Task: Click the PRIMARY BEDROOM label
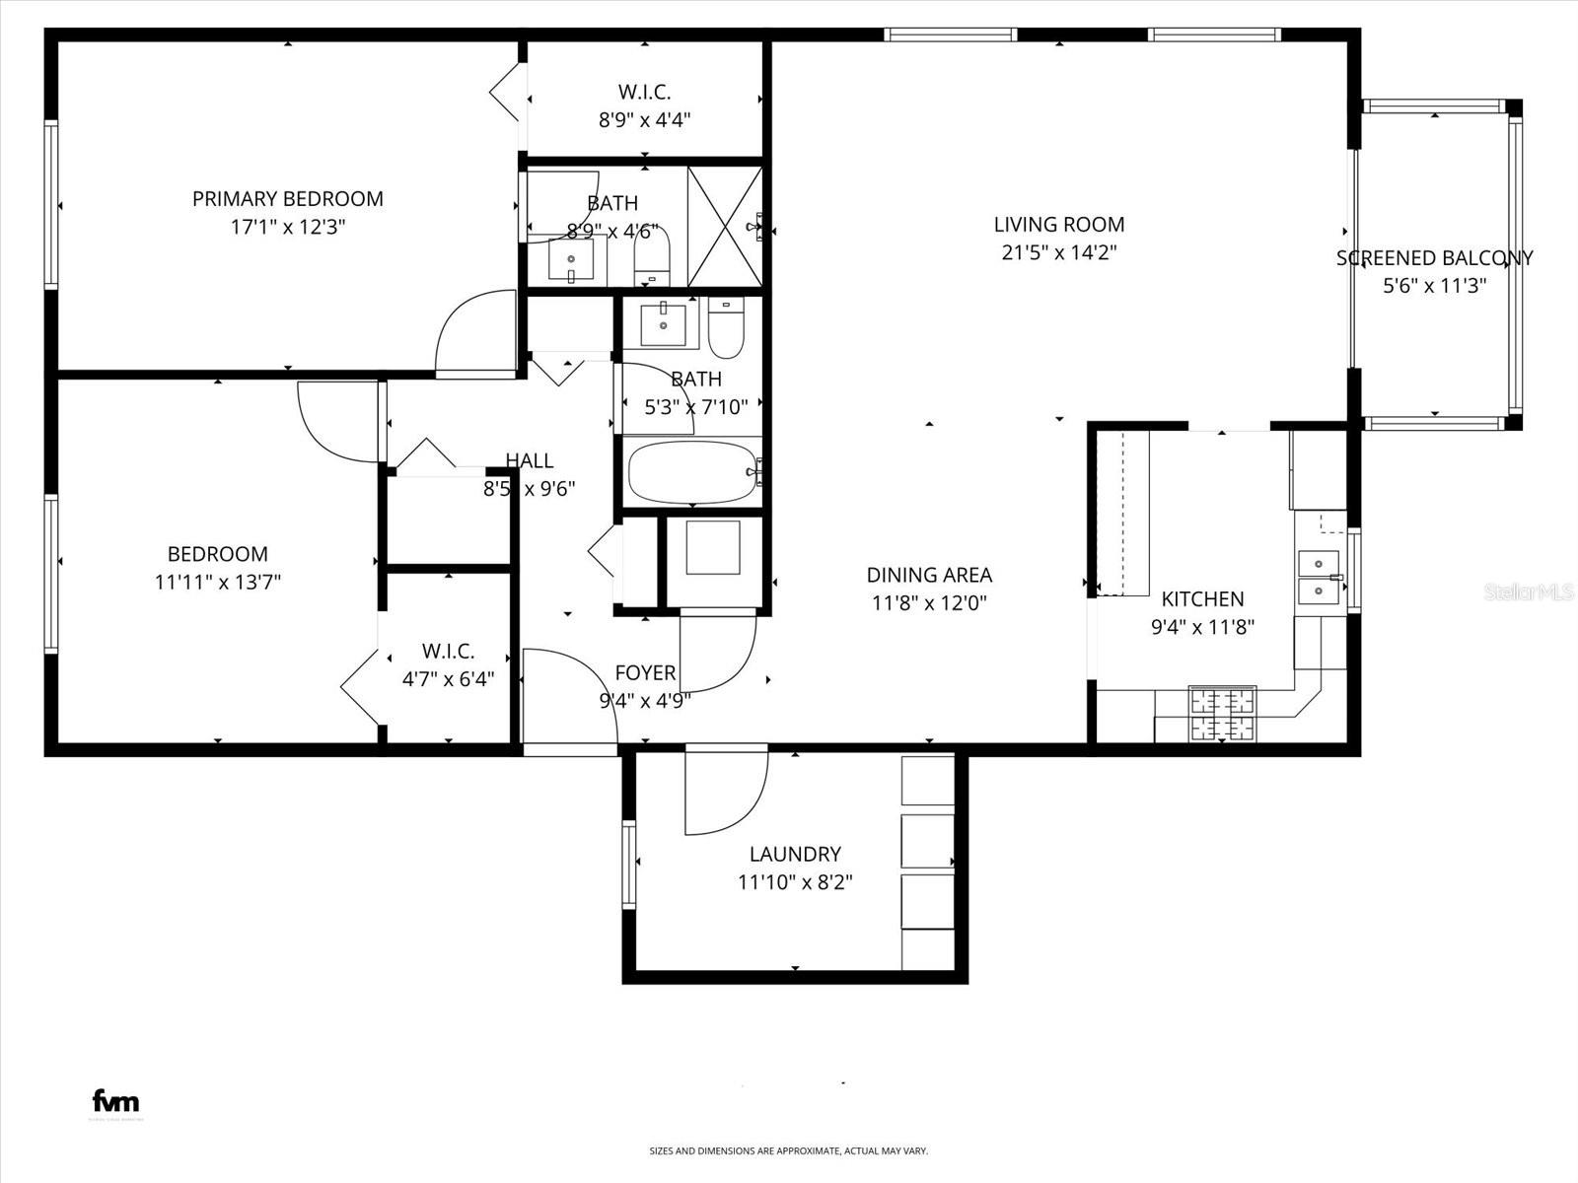(x=287, y=199)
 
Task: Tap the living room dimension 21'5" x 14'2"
(x=1058, y=252)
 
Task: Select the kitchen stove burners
(x=1222, y=715)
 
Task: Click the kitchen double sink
(x=1319, y=578)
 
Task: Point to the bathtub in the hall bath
(x=692, y=472)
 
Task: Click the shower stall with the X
(x=724, y=227)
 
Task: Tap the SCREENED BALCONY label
(x=1434, y=258)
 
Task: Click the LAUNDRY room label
(x=795, y=855)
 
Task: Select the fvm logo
(x=115, y=1101)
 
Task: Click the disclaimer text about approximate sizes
(x=788, y=1150)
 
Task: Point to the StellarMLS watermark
(x=1529, y=592)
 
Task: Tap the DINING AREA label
(x=929, y=575)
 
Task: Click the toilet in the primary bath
(x=651, y=255)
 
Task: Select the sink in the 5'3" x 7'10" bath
(x=663, y=324)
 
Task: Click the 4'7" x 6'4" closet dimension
(x=448, y=679)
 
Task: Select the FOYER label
(x=645, y=672)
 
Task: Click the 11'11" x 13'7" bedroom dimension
(x=218, y=583)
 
